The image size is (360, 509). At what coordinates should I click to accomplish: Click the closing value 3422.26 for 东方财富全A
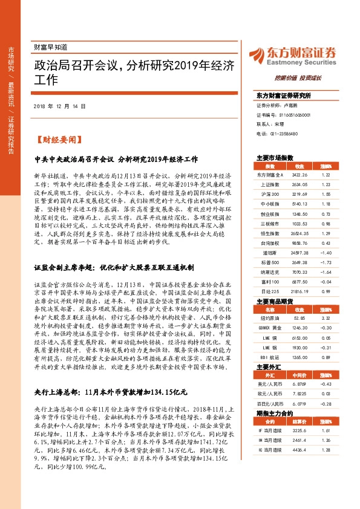click(300, 174)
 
